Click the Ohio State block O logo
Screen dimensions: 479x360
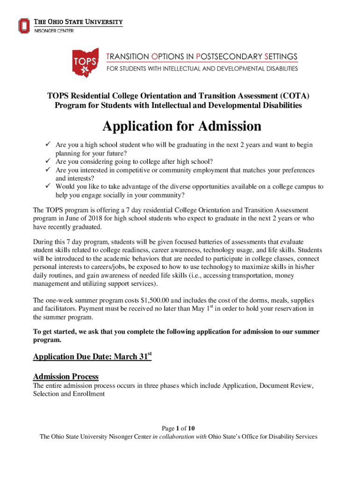tap(24, 25)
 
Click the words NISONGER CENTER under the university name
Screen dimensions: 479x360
tap(54, 31)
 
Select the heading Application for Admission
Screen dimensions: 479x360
tap(182, 127)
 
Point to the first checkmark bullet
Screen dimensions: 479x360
tap(48, 145)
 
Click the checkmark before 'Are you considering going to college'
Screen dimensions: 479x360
tap(48, 161)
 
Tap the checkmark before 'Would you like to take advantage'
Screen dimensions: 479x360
tap(48, 186)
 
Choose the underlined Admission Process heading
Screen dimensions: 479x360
tap(65, 377)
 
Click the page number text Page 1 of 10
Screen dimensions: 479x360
tap(178, 428)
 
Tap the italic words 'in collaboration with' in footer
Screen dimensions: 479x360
tap(180, 436)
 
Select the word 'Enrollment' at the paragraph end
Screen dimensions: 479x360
tap(88, 394)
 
